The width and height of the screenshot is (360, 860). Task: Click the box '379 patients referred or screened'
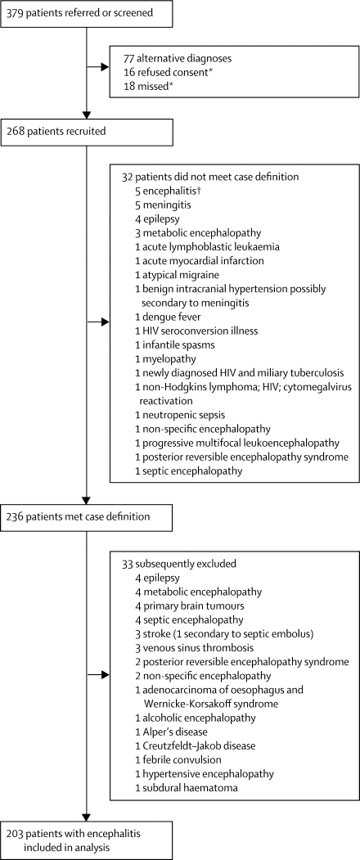coord(88,14)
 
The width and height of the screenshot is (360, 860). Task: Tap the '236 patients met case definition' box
coord(88,516)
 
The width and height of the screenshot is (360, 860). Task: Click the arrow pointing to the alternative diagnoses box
coord(98,68)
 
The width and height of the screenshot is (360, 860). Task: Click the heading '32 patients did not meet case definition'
coord(205,178)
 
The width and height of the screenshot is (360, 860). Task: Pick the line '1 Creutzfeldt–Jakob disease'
coord(189,746)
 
